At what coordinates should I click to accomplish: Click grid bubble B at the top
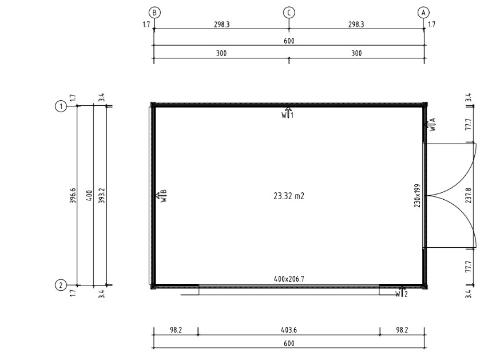click(154, 13)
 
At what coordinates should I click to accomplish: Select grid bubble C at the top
click(289, 13)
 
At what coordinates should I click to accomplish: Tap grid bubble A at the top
click(423, 13)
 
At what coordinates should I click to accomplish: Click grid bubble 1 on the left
click(61, 106)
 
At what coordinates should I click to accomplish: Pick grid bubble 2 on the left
click(61, 285)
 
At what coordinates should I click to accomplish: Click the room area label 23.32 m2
click(289, 196)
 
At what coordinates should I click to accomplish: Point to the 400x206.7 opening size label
click(289, 279)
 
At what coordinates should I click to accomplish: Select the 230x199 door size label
click(417, 196)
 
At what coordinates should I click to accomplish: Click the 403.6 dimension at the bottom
click(289, 330)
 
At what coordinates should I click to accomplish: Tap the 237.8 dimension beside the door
click(469, 196)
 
